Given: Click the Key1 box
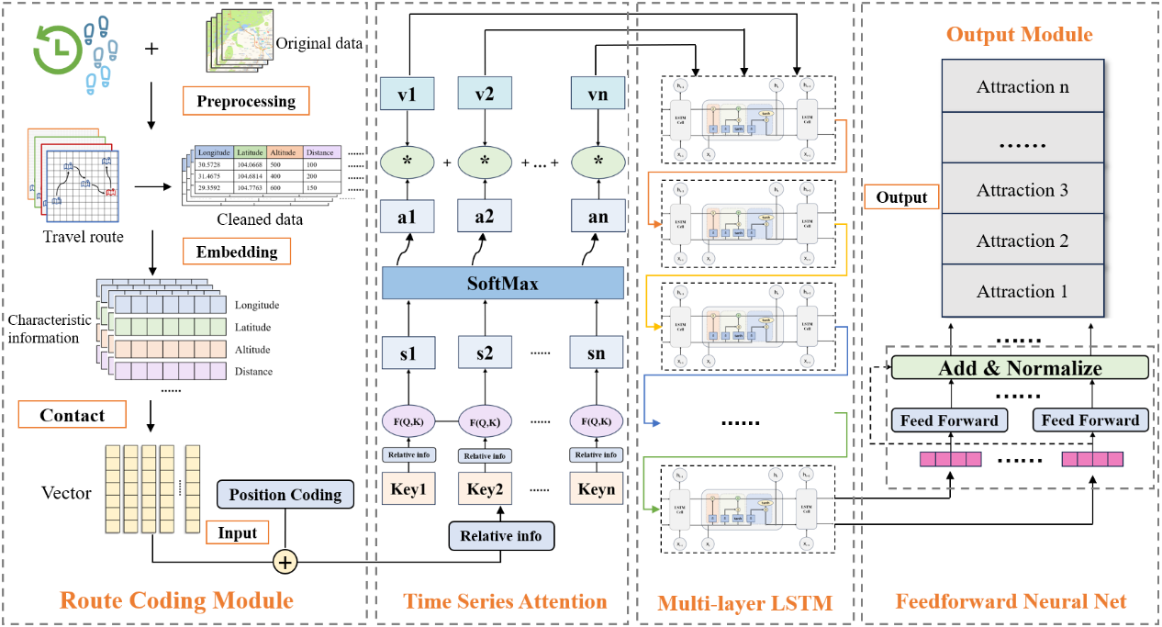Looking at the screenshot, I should click(408, 488).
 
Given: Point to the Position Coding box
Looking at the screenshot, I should click(285, 495).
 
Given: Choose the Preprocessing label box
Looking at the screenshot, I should click(246, 101).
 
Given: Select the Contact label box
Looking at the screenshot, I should click(73, 416).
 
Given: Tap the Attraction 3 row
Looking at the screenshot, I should click(1022, 191).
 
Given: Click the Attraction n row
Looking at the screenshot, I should click(1022, 87).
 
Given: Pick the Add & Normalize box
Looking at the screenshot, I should click(1021, 368).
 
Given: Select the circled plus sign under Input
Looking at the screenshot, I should click(286, 562).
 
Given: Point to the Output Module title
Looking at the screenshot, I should click(1020, 35).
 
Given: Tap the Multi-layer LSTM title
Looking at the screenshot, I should click(744, 603).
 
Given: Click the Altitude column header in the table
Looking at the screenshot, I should click(285, 151).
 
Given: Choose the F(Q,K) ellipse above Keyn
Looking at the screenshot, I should click(598, 422).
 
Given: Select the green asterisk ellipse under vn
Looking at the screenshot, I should click(598, 162).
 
